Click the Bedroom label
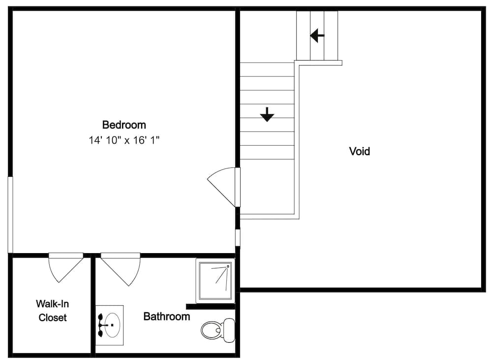[x=124, y=125]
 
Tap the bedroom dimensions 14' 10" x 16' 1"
[x=124, y=140]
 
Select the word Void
[x=359, y=151]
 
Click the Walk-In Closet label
[x=52, y=311]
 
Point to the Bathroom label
[x=166, y=317]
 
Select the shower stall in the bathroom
[x=215, y=281]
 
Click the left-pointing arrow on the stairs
[x=317, y=35]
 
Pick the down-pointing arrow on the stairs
[x=267, y=114]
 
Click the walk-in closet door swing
[x=65, y=268]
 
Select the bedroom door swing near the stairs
[x=222, y=185]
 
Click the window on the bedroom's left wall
[x=10, y=215]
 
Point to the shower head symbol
[x=227, y=266]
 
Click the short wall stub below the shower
[x=210, y=306]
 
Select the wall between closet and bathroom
[x=92, y=305]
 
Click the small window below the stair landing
[x=238, y=237]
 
